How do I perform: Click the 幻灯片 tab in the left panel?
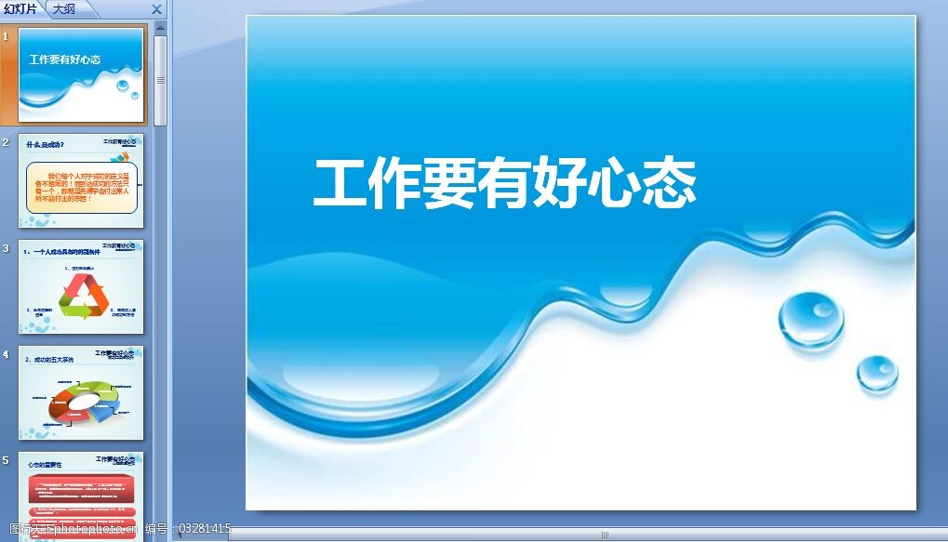(20, 9)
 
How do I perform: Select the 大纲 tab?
(64, 9)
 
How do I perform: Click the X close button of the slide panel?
(156, 10)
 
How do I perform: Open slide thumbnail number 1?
(81, 74)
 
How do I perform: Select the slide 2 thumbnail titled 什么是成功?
(81, 180)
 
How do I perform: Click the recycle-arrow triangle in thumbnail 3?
(83, 297)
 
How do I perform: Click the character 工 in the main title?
(339, 184)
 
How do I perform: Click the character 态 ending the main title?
(669, 184)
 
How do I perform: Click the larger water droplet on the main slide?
(810, 319)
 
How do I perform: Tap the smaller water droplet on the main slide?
(876, 373)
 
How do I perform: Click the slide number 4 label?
(7, 354)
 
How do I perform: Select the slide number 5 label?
(7, 460)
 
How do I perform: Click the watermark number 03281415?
(205, 529)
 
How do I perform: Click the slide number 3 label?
(7, 248)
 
